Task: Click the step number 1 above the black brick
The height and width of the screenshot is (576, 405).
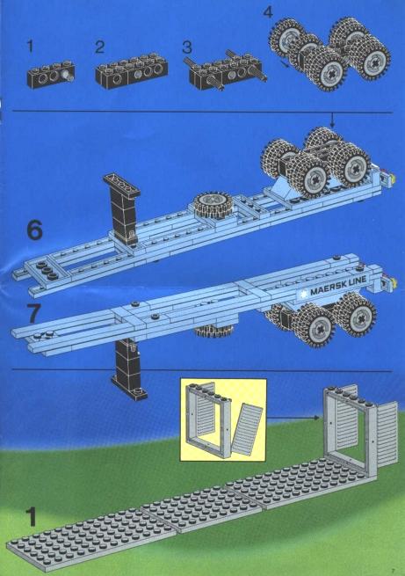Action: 30,47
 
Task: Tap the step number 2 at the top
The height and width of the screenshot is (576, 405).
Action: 99,47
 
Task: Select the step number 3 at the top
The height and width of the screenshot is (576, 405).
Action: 187,47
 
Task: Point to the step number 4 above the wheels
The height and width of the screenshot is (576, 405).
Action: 268,11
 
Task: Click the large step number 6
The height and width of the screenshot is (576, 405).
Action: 35,230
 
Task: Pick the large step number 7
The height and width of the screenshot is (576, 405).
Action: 34,313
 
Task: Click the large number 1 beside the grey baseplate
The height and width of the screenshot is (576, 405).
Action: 31,516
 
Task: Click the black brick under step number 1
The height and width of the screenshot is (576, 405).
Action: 51,74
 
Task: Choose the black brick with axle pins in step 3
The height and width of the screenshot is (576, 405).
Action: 225,70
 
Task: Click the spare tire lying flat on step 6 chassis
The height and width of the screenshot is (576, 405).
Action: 212,204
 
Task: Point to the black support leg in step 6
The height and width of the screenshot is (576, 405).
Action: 122,208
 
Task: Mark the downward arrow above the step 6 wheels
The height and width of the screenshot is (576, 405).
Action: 332,120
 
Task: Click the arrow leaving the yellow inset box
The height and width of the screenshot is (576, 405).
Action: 293,418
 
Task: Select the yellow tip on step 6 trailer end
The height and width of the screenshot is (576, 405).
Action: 393,179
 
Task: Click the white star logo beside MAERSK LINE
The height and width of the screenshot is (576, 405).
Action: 303,294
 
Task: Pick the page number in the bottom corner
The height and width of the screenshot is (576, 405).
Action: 393,570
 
